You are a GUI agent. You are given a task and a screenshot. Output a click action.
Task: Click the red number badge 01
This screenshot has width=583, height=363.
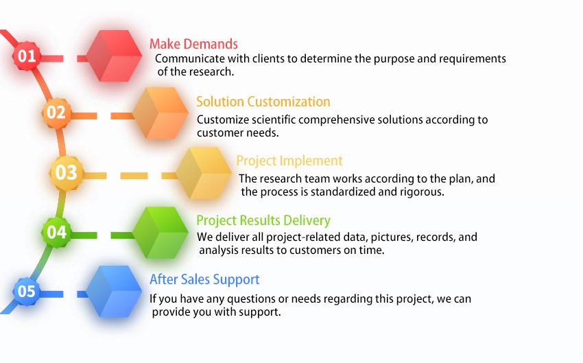pos(27,56)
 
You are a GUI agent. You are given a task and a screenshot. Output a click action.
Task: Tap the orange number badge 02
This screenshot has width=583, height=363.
pos(56,113)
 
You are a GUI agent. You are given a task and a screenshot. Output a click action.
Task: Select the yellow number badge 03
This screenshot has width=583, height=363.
pos(66,173)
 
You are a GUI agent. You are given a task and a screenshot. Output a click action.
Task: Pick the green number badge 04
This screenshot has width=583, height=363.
pos(56,232)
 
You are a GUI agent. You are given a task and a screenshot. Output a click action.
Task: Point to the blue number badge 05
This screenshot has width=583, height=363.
pos(27,291)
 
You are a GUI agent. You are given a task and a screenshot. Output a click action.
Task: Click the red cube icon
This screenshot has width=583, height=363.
pos(114,56)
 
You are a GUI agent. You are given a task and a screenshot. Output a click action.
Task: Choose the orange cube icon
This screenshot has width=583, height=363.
pos(160,113)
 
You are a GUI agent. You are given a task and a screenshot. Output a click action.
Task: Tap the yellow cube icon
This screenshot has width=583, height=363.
pos(204,173)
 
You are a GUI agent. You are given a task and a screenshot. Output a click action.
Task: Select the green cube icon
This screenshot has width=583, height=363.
pos(160,233)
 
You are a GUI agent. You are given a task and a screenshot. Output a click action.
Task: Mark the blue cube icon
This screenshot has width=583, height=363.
pos(114,292)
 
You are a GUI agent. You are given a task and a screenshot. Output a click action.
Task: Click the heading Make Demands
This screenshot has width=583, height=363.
pos(193,44)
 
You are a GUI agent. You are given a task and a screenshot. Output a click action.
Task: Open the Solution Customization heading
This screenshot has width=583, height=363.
pos(263,102)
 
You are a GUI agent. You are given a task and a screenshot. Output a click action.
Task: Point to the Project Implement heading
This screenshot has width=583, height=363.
pos(289,161)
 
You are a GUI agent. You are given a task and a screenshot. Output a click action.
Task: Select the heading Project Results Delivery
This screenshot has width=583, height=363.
pos(263,220)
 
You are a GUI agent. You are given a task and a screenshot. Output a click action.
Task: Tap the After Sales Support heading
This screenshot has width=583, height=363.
pos(204,279)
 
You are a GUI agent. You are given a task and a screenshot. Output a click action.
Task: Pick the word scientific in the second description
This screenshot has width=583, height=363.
pos(274,120)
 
